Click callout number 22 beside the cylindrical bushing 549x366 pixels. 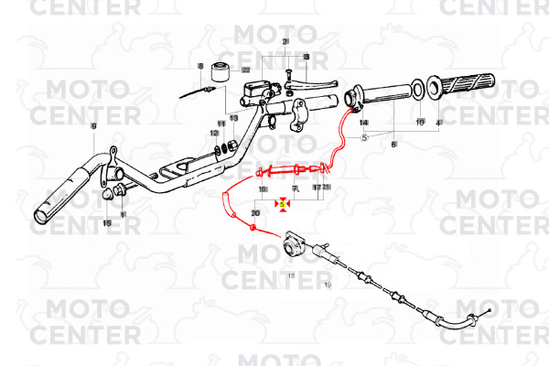[246, 70]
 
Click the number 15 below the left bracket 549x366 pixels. [106, 222]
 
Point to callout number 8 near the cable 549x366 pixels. [199, 66]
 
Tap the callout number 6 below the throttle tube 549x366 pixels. [394, 145]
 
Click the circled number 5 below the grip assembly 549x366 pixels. [363, 137]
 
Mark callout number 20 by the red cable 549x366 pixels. [255, 212]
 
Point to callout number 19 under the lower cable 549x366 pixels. [327, 286]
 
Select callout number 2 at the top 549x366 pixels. [285, 43]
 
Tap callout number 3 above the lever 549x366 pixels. [307, 57]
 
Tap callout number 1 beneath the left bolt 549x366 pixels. [124, 214]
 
